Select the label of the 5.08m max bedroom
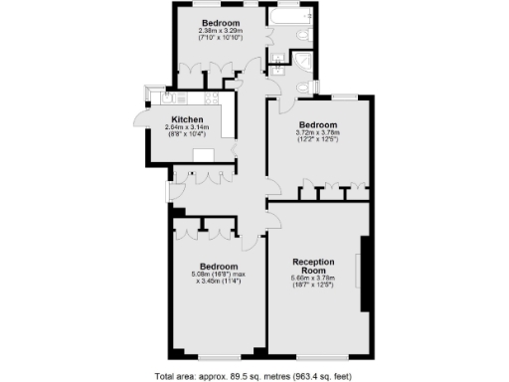pyautogui.click(x=218, y=267)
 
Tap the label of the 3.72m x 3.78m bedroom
pyautogui.click(x=317, y=124)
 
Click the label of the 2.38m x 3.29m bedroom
pyautogui.click(x=221, y=23)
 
